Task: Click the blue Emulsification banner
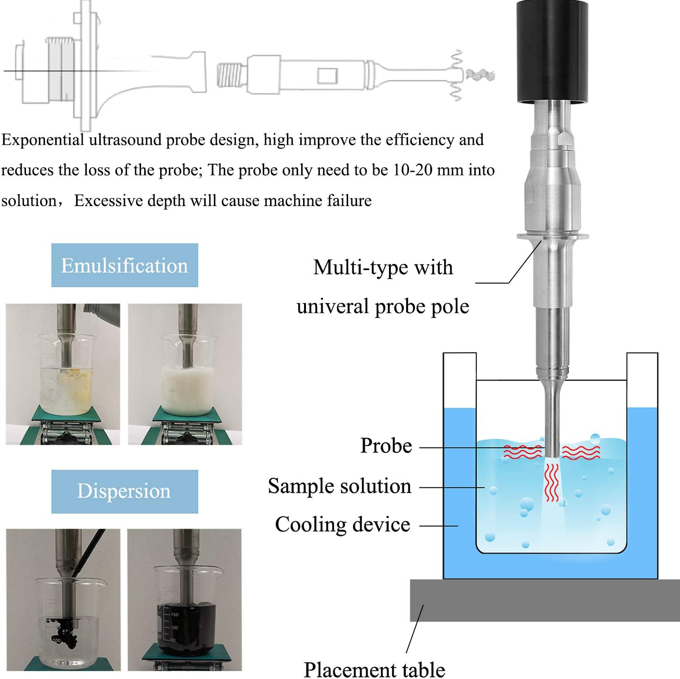124,265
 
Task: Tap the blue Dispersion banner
124,491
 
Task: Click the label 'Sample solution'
339,486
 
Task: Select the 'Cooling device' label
343,524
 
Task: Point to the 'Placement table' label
374,669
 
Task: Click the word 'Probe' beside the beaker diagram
386,446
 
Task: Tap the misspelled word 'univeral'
332,306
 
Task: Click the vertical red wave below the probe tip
551,483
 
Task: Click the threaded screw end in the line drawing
230,75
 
